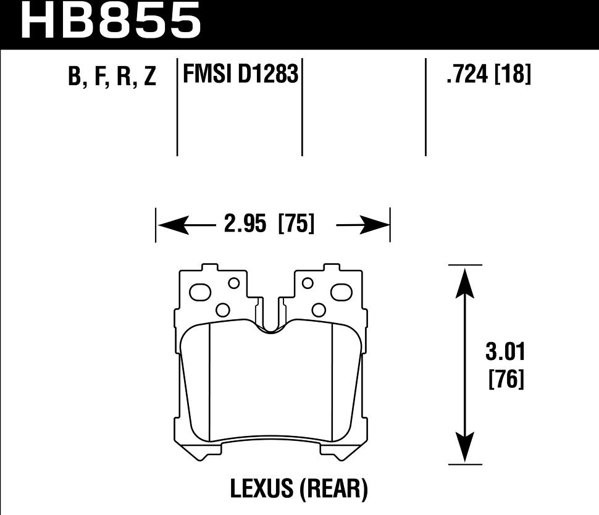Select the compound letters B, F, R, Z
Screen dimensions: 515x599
(x=112, y=77)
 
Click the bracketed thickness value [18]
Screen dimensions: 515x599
(x=513, y=75)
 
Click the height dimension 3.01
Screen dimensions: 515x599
(x=505, y=354)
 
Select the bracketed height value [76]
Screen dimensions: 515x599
(x=506, y=378)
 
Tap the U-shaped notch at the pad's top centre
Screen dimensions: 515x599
(x=270, y=326)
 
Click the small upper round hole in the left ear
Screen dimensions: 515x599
(x=234, y=283)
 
